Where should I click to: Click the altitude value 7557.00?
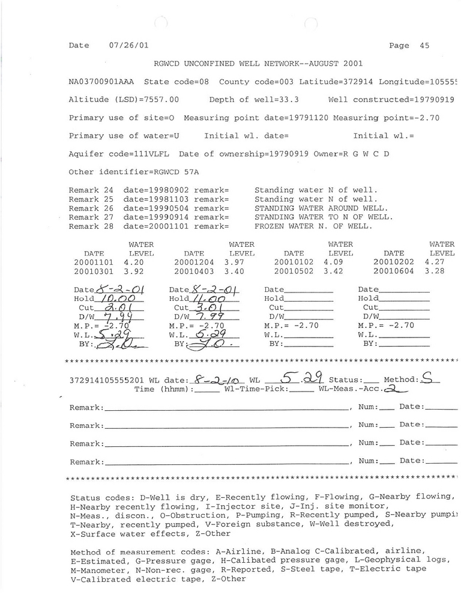click(159, 100)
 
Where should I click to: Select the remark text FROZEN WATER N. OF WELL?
click(314, 226)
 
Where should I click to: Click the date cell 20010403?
click(194, 271)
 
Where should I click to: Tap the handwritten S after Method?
click(427, 378)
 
